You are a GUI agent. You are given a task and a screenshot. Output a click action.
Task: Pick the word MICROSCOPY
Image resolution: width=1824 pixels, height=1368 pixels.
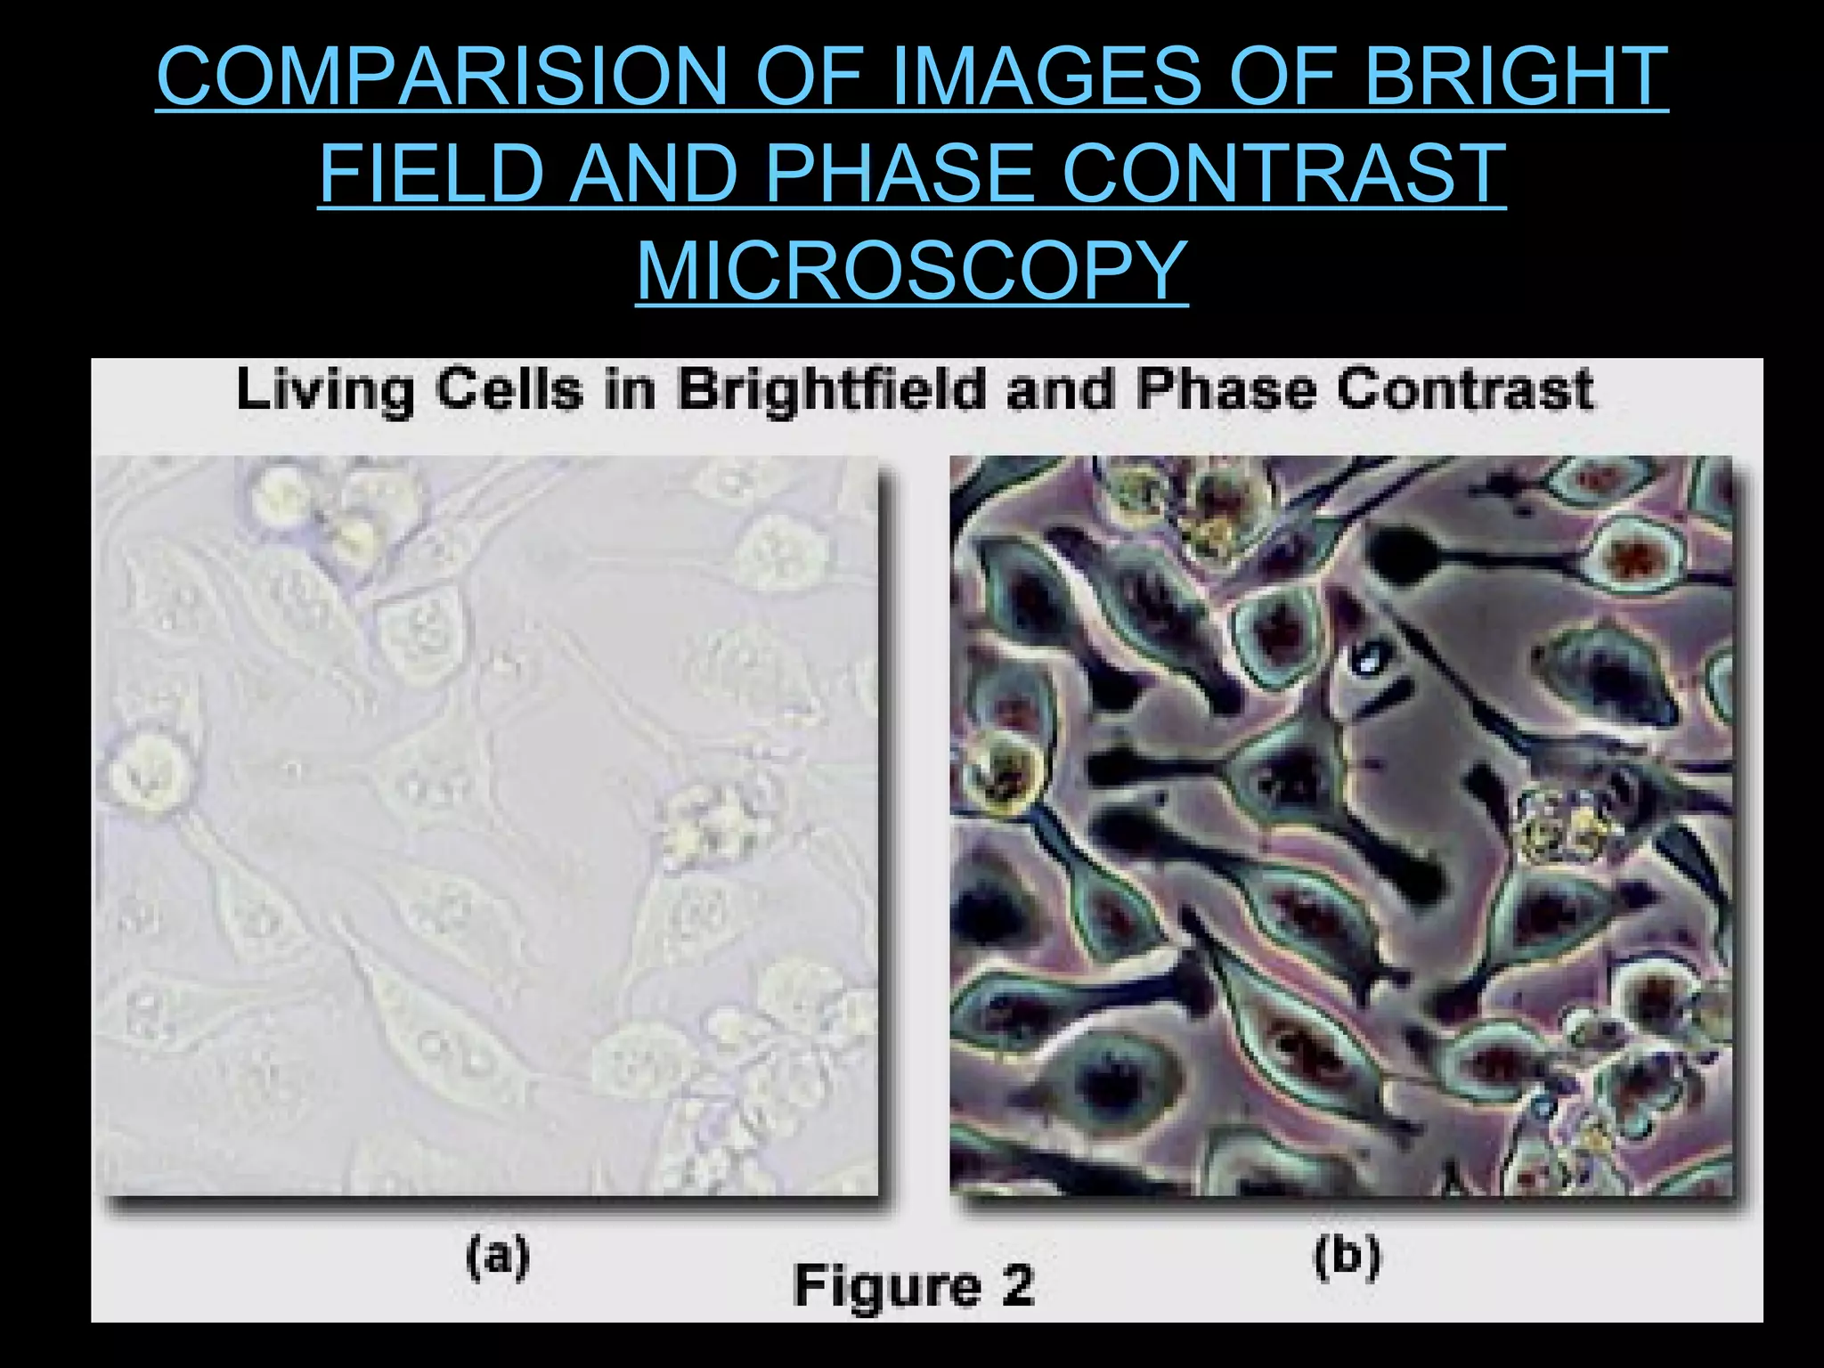coord(912,270)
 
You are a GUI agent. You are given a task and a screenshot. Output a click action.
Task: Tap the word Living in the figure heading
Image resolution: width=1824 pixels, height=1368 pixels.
coord(325,391)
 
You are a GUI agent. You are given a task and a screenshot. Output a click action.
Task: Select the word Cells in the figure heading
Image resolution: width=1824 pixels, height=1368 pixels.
coord(509,389)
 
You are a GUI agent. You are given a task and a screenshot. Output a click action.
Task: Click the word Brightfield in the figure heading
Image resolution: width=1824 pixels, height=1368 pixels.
coord(831,391)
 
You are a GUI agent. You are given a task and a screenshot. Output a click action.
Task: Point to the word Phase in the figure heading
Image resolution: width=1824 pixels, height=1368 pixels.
coord(1226,389)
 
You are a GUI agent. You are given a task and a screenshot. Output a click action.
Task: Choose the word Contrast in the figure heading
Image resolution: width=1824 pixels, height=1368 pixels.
coord(1466,389)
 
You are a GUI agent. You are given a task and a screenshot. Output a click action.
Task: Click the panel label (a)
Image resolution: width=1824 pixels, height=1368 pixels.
coord(498,1257)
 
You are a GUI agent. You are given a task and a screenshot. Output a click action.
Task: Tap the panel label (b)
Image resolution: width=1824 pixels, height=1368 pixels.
coord(1347,1257)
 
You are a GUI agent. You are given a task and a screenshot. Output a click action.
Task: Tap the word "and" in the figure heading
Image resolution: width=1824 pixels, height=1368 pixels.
coord(1061,389)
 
